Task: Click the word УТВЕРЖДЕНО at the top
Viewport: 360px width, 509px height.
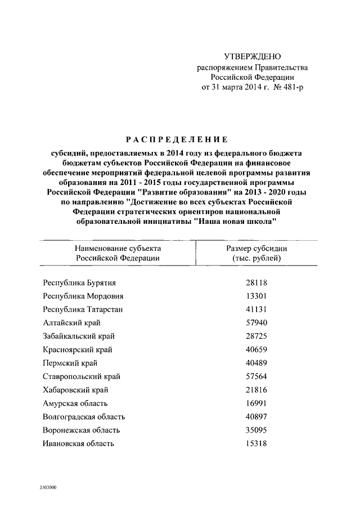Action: click(x=252, y=56)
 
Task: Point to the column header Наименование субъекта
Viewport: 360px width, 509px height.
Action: click(x=118, y=247)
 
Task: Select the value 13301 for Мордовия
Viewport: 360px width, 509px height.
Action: click(x=256, y=296)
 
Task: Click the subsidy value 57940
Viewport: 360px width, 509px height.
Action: click(x=256, y=323)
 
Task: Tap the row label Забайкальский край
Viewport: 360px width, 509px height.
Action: click(x=79, y=336)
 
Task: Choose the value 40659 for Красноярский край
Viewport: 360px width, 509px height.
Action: click(x=256, y=349)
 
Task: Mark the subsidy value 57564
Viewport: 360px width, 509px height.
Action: click(x=256, y=376)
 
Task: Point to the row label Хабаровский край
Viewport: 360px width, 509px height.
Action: click(x=75, y=390)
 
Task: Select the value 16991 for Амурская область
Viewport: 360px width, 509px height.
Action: click(x=256, y=403)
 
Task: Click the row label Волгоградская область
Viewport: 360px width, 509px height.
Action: click(x=84, y=417)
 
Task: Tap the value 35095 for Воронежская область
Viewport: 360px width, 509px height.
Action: click(x=256, y=430)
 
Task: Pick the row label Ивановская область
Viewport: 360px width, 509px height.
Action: click(x=79, y=444)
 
